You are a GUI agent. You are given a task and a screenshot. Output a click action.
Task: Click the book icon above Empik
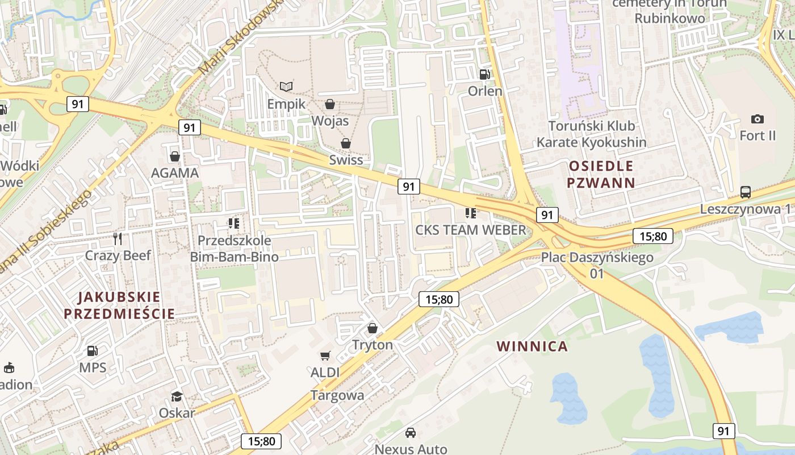tap(287, 86)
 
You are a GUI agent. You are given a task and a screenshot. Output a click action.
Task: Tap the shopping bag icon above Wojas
tap(329, 104)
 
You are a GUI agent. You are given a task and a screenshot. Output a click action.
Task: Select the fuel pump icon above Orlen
tap(484, 74)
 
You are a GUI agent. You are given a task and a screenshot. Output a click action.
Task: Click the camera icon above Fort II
tap(757, 119)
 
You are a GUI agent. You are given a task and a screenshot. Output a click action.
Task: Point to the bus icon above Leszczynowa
tap(746, 192)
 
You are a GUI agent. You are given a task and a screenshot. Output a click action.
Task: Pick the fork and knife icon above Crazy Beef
tap(118, 238)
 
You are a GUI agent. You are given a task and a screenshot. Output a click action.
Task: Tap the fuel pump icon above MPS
tap(92, 351)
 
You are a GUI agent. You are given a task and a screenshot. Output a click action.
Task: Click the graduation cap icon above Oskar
tap(177, 396)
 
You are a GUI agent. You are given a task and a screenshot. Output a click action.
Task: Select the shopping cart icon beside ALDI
tap(325, 355)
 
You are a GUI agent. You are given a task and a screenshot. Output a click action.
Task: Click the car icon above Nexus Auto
tap(411, 433)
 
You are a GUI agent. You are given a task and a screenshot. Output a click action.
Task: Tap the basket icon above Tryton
tap(373, 328)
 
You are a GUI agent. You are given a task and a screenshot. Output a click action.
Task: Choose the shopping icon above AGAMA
tap(175, 156)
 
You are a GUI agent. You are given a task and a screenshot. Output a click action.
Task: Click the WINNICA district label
tap(532, 346)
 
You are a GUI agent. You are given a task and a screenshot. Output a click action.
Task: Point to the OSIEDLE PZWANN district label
tap(600, 174)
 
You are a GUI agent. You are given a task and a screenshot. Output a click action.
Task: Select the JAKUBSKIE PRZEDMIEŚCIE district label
tap(119, 305)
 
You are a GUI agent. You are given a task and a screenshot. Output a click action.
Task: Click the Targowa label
tap(337, 395)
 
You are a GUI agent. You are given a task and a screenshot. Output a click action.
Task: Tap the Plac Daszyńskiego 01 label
tap(597, 265)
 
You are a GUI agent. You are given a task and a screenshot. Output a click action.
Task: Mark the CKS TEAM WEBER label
tap(471, 230)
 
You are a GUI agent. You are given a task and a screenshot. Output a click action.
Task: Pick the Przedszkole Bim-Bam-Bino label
tap(234, 249)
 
